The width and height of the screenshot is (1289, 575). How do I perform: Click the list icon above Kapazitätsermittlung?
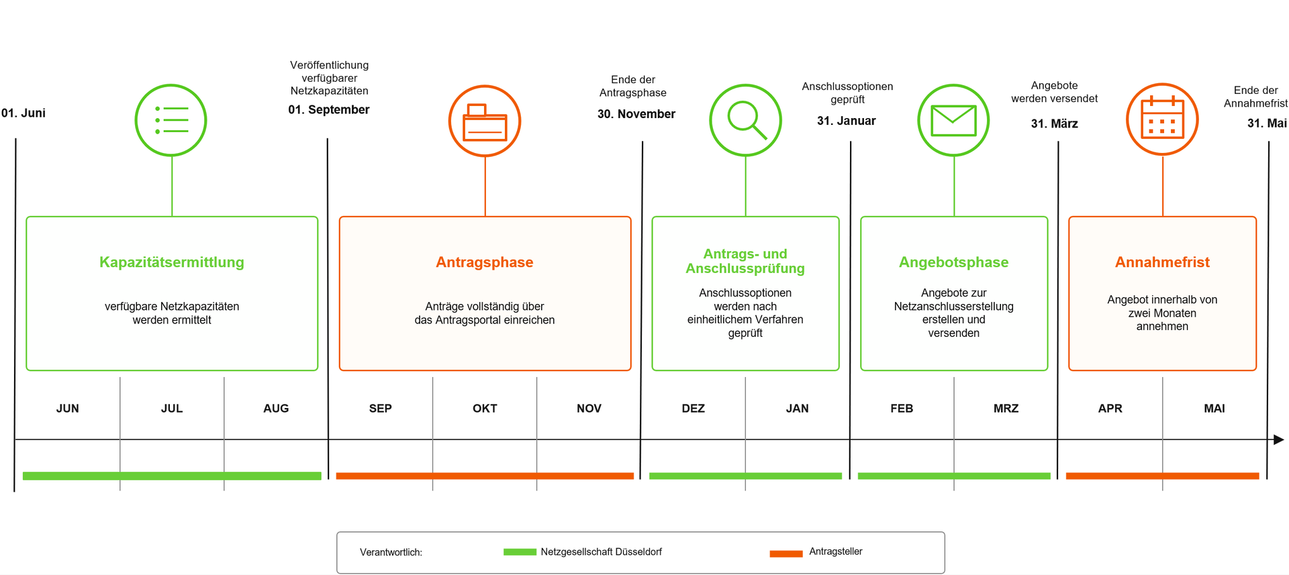click(x=171, y=120)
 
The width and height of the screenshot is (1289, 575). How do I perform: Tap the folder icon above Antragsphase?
click(x=485, y=121)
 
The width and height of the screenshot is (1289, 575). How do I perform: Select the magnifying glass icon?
click(x=746, y=120)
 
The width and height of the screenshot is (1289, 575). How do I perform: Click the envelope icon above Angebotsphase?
click(x=953, y=120)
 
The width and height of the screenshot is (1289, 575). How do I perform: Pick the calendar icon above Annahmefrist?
click(x=1162, y=119)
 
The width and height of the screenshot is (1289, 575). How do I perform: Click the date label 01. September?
click(x=329, y=109)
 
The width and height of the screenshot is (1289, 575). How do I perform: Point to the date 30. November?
click(x=636, y=114)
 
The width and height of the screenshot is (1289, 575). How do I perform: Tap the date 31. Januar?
click(x=847, y=121)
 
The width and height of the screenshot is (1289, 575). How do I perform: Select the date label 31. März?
click(x=1055, y=123)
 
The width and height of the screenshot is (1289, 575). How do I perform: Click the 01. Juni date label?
click(x=23, y=113)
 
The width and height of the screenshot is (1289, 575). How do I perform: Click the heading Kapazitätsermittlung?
click(x=172, y=262)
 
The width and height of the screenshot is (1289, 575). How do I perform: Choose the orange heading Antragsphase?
click(x=485, y=262)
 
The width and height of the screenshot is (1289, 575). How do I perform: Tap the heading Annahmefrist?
click(x=1162, y=262)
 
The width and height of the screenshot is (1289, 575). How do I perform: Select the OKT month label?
click(x=485, y=409)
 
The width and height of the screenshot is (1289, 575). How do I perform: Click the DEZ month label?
click(x=694, y=409)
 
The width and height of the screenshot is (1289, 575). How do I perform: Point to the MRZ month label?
click(x=1006, y=409)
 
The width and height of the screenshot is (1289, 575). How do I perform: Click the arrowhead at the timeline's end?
click(x=1279, y=439)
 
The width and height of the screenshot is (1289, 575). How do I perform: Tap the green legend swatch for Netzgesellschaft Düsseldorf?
click(x=520, y=552)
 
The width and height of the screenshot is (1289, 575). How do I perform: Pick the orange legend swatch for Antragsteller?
click(x=786, y=554)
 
